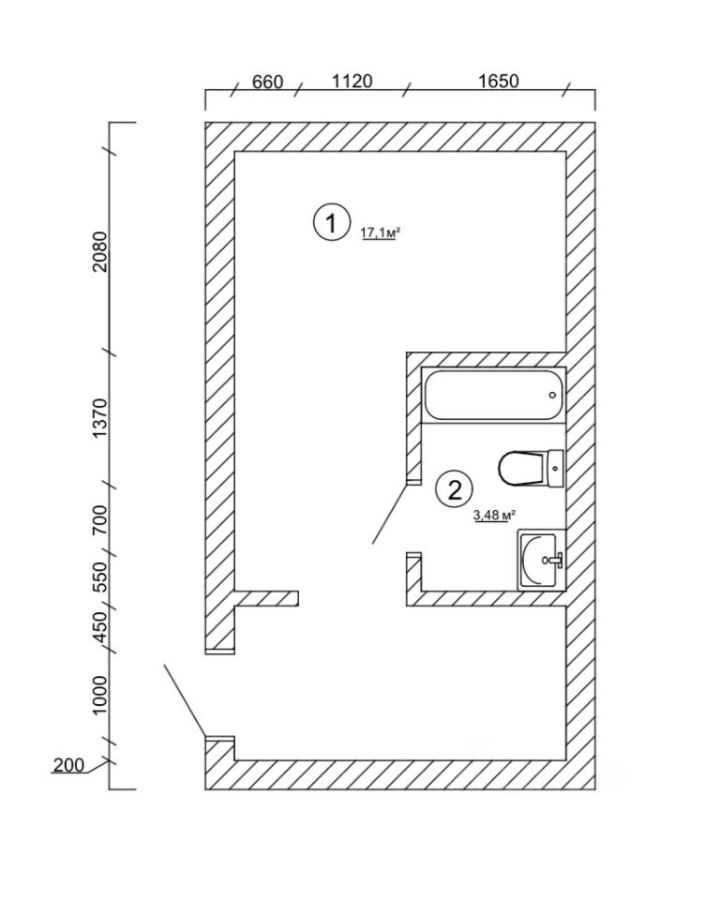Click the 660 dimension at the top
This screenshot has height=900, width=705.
(267, 82)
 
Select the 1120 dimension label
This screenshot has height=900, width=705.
(352, 82)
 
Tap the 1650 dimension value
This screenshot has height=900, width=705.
(498, 82)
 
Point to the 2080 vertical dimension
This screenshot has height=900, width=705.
(100, 251)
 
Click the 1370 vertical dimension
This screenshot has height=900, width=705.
(100, 419)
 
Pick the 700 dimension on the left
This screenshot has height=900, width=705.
(100, 517)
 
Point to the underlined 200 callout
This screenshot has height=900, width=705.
(67, 766)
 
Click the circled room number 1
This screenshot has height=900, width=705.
(328, 223)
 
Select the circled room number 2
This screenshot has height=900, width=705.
(455, 488)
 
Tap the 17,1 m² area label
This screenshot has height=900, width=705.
(381, 233)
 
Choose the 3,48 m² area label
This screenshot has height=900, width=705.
(495, 515)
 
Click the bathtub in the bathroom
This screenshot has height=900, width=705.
(494, 395)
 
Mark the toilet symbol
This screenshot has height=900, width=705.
(530, 467)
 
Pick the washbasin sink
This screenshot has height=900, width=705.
(541, 560)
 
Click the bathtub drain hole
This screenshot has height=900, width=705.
(552, 395)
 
